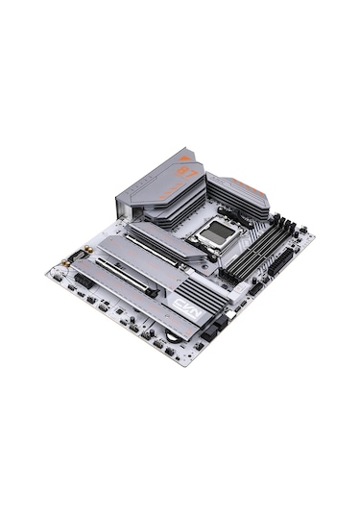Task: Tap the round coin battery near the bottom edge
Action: coord(172,334)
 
